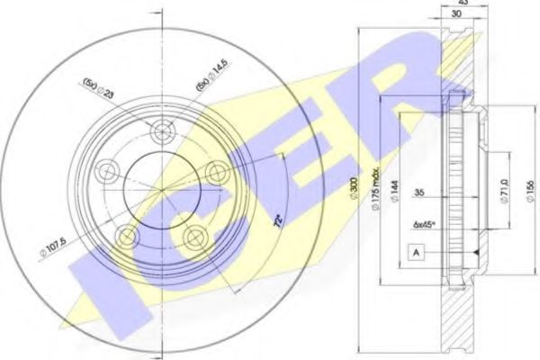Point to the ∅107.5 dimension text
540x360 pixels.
(x=55, y=245)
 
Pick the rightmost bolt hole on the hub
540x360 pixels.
(x=216, y=172)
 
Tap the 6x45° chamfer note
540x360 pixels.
(x=422, y=224)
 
